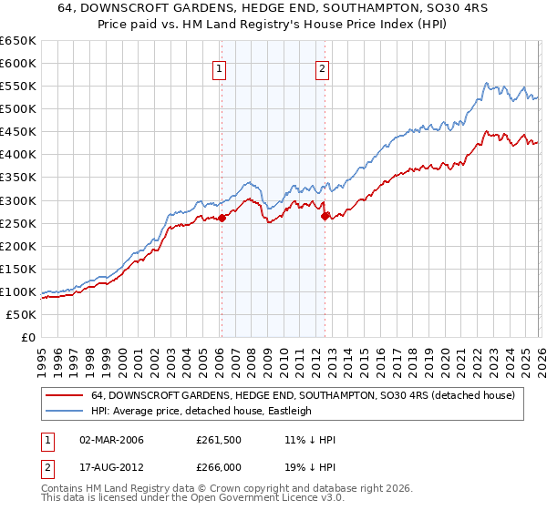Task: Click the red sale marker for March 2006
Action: coord(222,218)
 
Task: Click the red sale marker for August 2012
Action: coord(325,216)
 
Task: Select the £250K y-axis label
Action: coord(18,223)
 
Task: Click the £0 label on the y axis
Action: coord(28,338)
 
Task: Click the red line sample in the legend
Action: coord(64,395)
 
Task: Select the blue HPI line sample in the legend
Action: coord(64,411)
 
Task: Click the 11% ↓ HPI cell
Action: coord(310,440)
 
